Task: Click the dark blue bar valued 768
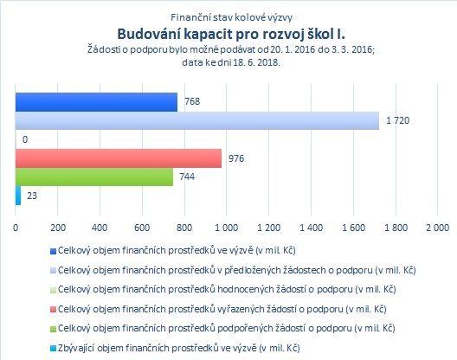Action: [x=96, y=102]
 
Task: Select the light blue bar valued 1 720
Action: [x=197, y=120]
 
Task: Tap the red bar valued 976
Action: [x=119, y=158]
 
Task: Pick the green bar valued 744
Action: [x=94, y=177]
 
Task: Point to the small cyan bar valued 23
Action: [x=18, y=196]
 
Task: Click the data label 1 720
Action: [x=398, y=120]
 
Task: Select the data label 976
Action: [x=236, y=158]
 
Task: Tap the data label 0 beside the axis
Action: [x=25, y=139]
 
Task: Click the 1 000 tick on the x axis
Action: [x=227, y=228]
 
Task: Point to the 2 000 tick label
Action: [x=437, y=228]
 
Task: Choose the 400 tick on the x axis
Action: [x=100, y=228]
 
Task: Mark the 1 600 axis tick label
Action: [x=353, y=228]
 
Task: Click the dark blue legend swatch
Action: [x=53, y=251]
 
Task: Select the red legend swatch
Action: [x=53, y=310]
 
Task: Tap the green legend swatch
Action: [x=53, y=329]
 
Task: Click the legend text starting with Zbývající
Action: [x=179, y=348]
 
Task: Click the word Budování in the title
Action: [x=149, y=34]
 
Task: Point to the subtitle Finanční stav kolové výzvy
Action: [x=231, y=17]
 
